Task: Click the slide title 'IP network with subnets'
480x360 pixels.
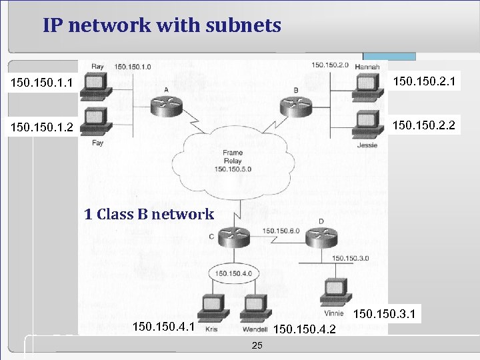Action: pos(162,26)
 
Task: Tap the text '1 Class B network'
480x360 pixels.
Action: pos(149,215)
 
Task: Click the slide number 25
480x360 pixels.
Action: pos(257,345)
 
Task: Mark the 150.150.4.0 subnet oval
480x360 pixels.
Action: pos(232,273)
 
